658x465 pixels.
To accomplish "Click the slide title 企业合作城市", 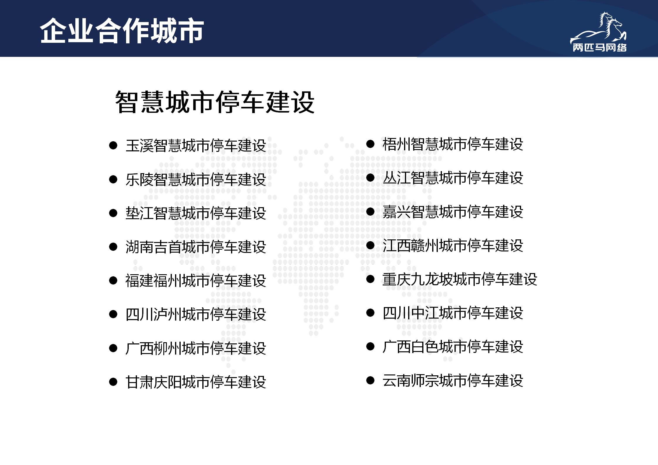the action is [122, 31].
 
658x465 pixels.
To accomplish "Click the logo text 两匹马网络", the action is [599, 48].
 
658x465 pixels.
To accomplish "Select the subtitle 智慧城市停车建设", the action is [215, 102].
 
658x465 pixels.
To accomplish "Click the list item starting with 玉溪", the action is [196, 145].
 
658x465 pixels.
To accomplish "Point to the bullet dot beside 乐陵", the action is [113, 179].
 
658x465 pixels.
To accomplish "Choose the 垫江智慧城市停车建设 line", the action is [196, 213].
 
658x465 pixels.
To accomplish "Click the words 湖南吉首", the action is [153, 247].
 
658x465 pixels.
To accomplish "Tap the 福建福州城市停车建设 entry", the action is [196, 280].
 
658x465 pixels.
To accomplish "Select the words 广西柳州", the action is [153, 348].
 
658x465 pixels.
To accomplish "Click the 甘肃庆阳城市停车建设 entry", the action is [196, 382].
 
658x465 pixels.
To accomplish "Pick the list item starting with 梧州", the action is [453, 144].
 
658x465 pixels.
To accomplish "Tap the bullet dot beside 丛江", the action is [370, 178].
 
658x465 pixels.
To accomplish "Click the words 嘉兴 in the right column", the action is [396, 212].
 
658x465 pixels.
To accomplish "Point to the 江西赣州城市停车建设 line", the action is [453, 245].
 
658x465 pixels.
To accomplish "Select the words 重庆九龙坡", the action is [418, 279].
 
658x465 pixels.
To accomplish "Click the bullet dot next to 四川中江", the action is [370, 313].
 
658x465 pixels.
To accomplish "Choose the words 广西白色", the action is [411, 347].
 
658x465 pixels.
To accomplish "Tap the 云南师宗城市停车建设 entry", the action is [453, 380].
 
